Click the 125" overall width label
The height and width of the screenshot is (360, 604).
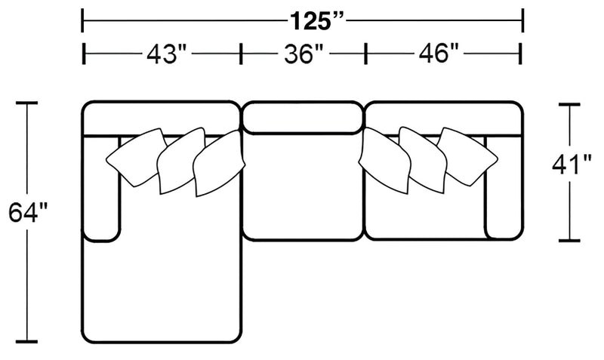316,21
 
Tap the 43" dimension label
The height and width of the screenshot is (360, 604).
166,53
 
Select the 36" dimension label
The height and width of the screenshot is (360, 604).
304,54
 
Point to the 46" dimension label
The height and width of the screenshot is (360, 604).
439,53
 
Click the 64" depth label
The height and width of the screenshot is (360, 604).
28,212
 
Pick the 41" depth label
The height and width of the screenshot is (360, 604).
572,165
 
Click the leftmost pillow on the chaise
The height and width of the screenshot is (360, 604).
137,157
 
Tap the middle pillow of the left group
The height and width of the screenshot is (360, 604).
180,160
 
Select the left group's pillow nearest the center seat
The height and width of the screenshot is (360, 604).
218,164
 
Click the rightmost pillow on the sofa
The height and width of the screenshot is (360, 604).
467,155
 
